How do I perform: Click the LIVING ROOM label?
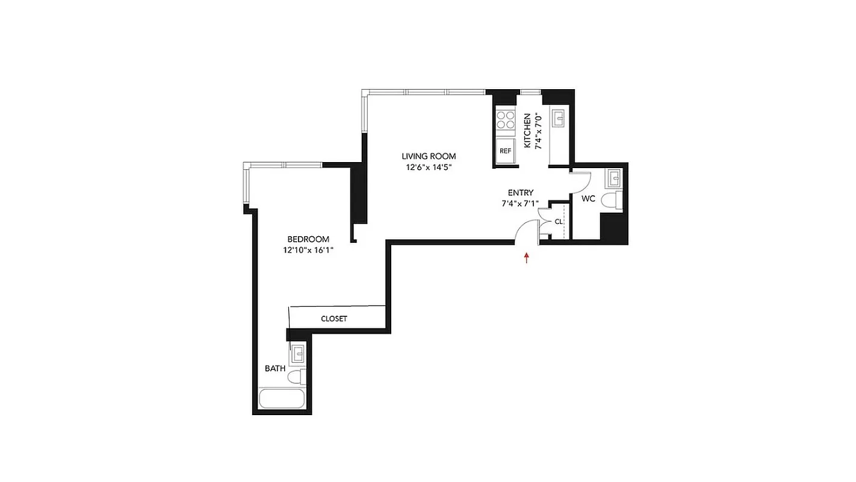click(x=429, y=156)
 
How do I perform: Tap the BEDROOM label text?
click(x=308, y=239)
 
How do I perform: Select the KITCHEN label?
click(x=527, y=131)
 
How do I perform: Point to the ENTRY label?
click(x=520, y=193)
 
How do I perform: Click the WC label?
click(x=588, y=198)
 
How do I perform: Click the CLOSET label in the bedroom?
click(x=333, y=319)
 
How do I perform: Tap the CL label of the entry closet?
click(x=558, y=221)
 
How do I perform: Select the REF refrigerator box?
click(x=504, y=151)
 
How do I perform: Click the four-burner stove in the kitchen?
click(x=504, y=120)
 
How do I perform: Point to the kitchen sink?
click(x=557, y=118)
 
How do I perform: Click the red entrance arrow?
click(x=527, y=258)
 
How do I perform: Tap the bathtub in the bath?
click(x=282, y=399)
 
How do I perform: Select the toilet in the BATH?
click(x=296, y=377)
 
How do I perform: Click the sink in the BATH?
click(x=298, y=354)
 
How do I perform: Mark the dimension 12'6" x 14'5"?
click(x=429, y=167)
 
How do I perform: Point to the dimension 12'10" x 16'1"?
click(x=308, y=251)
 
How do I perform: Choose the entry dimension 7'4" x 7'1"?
click(x=520, y=204)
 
